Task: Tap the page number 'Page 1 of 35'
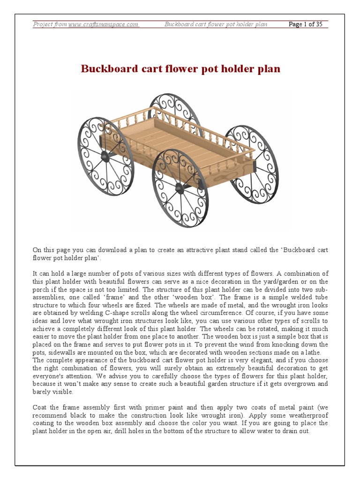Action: pos(306,24)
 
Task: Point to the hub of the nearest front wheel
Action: pos(180,188)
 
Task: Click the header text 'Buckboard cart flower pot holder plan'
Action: pos(216,24)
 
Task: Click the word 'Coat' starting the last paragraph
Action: pos(39,407)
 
